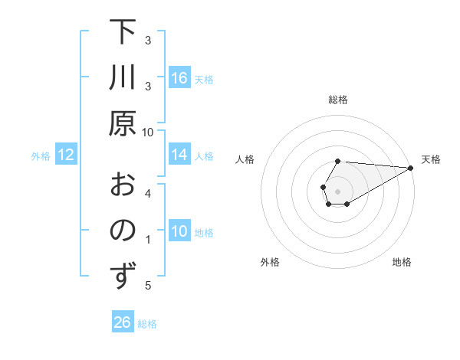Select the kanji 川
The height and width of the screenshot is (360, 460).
point(122,78)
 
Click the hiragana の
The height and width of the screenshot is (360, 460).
point(122,231)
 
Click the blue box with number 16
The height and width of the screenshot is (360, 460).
point(179,78)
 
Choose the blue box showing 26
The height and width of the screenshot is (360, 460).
point(122,322)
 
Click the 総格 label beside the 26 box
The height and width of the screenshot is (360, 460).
point(147,324)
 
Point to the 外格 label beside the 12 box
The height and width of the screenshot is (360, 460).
point(41,156)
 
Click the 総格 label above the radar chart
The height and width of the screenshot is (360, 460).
point(337,100)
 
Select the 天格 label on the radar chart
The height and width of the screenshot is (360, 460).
point(431,159)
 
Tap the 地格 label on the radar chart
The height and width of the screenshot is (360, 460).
point(402,263)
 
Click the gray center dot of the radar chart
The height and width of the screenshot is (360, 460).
point(337,191)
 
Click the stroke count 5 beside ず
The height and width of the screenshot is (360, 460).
point(149,286)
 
